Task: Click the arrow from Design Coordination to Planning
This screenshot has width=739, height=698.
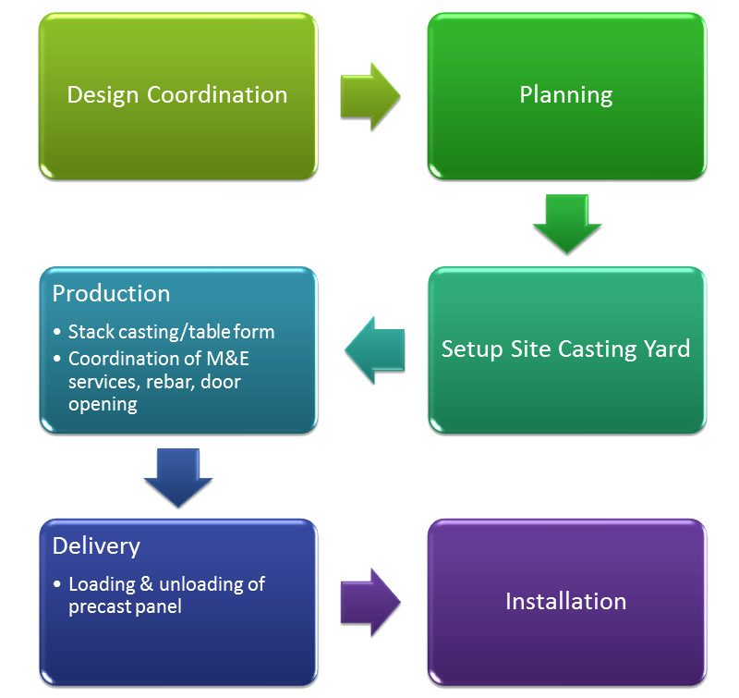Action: [369, 94]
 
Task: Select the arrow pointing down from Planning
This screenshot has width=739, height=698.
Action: [566, 223]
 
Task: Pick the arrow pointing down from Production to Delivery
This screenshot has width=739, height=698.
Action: [178, 477]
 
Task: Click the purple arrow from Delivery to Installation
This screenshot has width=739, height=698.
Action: [369, 601]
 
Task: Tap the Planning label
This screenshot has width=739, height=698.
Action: [566, 94]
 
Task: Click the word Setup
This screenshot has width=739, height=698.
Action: [469, 349]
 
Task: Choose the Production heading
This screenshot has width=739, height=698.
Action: [111, 294]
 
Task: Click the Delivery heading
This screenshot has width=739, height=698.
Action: [96, 546]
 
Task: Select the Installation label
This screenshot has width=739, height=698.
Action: [565, 602]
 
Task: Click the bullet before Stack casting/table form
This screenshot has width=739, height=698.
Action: [57, 333]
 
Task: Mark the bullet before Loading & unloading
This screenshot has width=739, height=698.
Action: [57, 585]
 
